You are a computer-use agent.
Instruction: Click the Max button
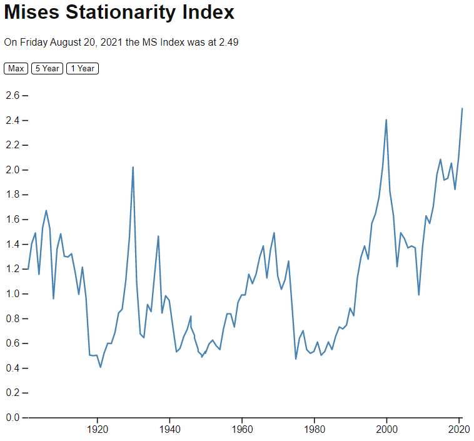[x=16, y=68]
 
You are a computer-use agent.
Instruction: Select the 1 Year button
[x=83, y=68]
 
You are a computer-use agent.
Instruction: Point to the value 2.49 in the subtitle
[x=228, y=43]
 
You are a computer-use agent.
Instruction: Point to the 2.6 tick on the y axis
[x=13, y=95]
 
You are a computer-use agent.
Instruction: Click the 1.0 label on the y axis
[x=13, y=293]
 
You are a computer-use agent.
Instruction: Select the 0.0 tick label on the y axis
[x=13, y=417]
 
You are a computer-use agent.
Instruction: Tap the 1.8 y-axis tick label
[x=13, y=195]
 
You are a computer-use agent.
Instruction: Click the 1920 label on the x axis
[x=97, y=430]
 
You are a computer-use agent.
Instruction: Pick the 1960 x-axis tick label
[x=242, y=430]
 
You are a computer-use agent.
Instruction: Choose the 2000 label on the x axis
[x=387, y=430]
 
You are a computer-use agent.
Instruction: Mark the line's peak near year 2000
[x=386, y=119]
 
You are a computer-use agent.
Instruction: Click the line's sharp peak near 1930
[x=133, y=167]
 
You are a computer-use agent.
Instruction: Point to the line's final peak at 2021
[x=462, y=109]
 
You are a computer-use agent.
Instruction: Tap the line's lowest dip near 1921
[x=101, y=367]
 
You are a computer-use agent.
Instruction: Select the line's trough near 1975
[x=296, y=358]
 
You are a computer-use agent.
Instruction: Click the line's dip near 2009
[x=419, y=295]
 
